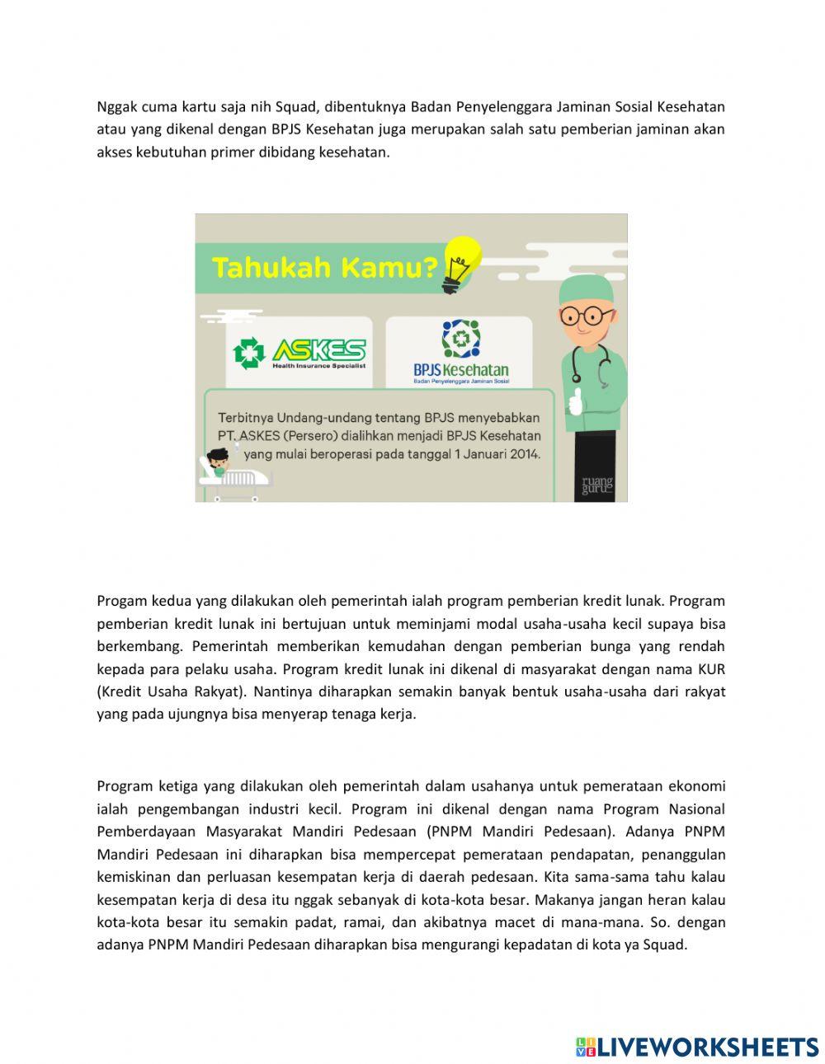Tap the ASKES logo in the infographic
point(299,353)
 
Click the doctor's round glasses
point(586,316)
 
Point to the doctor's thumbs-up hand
point(575,401)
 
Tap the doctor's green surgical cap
point(586,289)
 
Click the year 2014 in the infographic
point(524,454)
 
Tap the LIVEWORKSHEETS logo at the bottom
point(697,1047)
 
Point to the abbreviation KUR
point(711,668)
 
